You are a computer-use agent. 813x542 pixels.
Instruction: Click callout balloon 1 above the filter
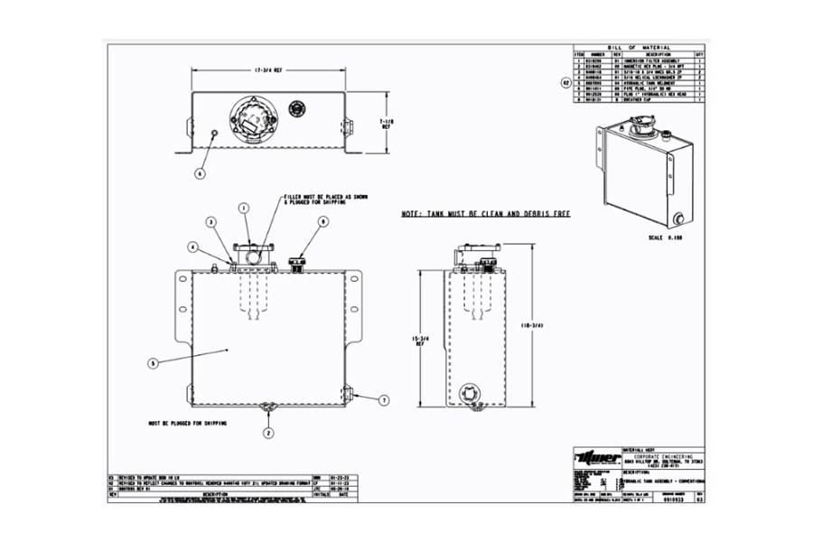click(x=244, y=208)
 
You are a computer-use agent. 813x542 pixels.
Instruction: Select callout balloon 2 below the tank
click(x=268, y=433)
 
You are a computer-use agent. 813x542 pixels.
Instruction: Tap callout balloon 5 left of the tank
click(x=154, y=363)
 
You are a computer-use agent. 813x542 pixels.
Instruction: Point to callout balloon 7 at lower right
click(x=383, y=398)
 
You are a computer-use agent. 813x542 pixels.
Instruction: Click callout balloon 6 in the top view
click(x=200, y=172)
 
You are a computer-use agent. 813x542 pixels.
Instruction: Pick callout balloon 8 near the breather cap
click(x=322, y=220)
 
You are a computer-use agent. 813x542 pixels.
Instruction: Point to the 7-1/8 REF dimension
click(x=387, y=123)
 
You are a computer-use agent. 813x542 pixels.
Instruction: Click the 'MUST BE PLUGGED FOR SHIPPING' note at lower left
click(x=188, y=423)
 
